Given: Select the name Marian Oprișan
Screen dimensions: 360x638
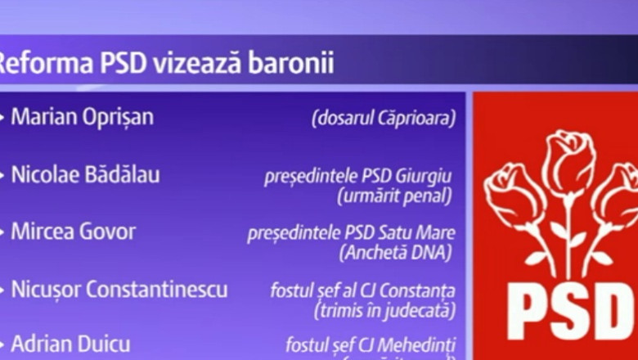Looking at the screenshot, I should (x=82, y=117).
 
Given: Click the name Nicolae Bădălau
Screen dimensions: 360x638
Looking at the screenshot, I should (x=85, y=174).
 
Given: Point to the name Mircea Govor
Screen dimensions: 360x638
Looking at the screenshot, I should (x=74, y=232).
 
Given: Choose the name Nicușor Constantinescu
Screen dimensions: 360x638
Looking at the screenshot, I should (x=119, y=289).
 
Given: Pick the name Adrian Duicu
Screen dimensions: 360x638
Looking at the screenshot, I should (x=70, y=344).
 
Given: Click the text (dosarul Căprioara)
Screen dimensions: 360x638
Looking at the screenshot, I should (x=383, y=119).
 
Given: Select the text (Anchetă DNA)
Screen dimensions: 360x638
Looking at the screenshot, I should (x=397, y=252).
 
